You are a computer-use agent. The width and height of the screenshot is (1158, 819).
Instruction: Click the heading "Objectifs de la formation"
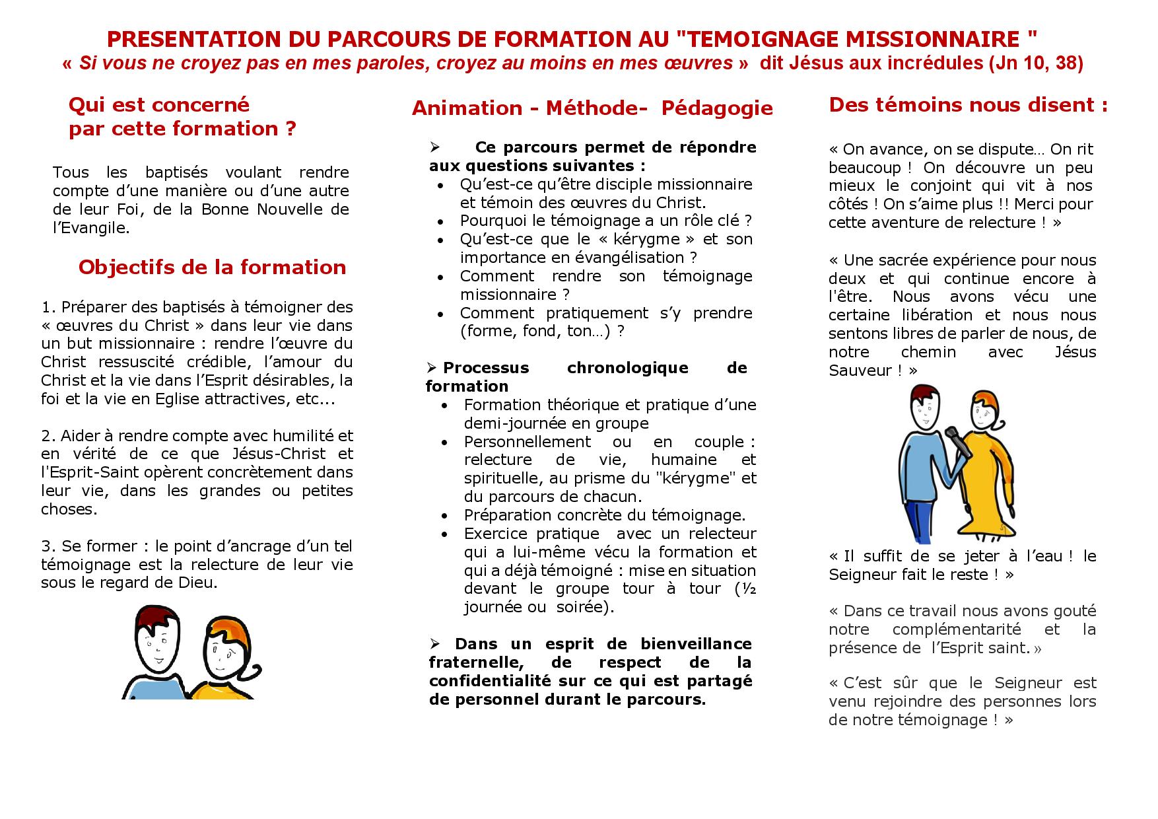pos(212,267)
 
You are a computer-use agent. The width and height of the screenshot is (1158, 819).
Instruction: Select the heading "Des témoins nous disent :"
pos(968,105)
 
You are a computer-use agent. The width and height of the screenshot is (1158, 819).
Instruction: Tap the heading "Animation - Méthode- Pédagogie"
pos(592,108)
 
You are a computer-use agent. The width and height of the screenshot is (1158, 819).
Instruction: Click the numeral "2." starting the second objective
pos(48,436)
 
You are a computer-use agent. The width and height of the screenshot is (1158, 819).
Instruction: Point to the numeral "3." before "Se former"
pos(48,547)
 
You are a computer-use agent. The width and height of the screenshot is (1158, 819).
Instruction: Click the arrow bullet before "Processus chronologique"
pos(432,368)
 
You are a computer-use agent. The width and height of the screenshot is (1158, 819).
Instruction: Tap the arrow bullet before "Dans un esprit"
pos(434,644)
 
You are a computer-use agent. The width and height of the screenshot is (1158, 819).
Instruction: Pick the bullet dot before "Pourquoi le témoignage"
pos(441,222)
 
